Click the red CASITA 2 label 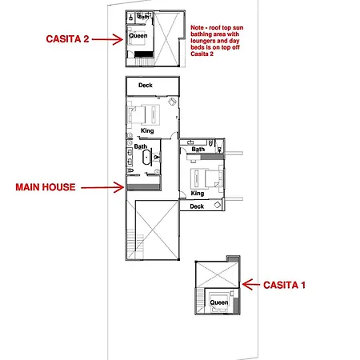(x=67, y=39)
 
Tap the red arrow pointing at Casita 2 (x=107, y=39)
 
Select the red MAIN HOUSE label (x=46, y=187)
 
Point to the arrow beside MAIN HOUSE (x=102, y=187)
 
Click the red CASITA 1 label (x=284, y=285)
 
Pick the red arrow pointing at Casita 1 (x=250, y=285)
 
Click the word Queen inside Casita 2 (x=138, y=36)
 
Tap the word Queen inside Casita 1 (x=219, y=302)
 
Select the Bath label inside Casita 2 (x=143, y=17)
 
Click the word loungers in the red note (x=203, y=41)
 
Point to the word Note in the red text (x=198, y=28)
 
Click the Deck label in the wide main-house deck (x=146, y=86)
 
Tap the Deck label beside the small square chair (x=197, y=206)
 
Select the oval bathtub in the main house (x=146, y=158)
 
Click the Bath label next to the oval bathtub (x=141, y=146)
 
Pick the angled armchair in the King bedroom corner (x=172, y=102)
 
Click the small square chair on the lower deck (x=218, y=205)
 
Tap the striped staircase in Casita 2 (x=144, y=62)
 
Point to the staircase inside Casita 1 (x=200, y=301)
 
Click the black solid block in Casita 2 (x=144, y=54)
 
